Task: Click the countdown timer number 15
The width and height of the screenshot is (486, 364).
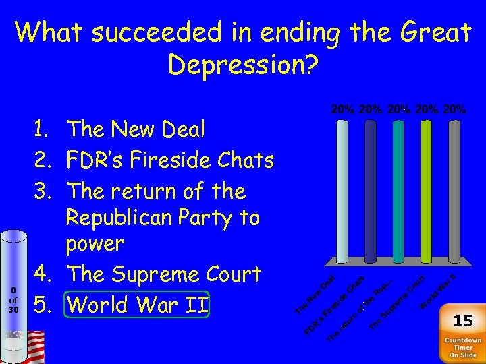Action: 462,320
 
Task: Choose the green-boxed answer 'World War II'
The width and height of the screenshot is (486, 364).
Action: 138,305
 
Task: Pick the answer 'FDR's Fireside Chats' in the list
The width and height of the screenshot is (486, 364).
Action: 170,160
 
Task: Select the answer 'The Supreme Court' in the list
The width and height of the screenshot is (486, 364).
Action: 164,274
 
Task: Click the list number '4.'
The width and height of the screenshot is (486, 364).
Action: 45,274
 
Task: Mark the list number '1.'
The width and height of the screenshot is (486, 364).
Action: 45,129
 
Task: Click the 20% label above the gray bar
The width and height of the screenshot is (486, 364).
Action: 454,109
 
